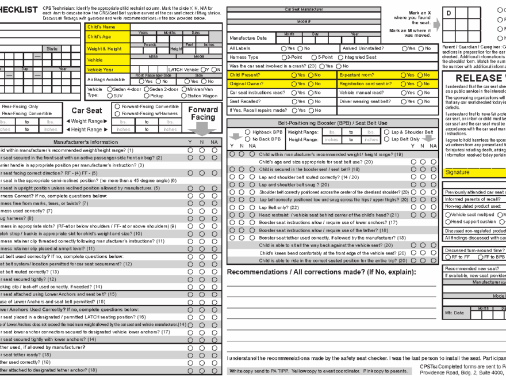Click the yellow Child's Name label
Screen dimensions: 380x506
101,27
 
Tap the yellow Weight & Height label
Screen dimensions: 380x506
105,49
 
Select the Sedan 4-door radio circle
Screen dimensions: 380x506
110,89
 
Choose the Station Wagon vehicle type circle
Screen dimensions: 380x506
183,96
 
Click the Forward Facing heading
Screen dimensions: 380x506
203,113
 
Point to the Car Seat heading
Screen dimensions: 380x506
86,111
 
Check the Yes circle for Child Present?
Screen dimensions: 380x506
294,75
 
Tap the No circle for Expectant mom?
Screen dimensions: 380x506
420,75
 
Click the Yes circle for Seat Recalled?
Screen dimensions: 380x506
294,101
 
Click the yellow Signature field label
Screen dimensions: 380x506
458,172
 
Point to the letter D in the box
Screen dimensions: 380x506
448,13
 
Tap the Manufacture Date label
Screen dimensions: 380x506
248,38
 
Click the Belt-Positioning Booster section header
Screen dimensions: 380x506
332,123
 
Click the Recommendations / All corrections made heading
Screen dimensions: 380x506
313,272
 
